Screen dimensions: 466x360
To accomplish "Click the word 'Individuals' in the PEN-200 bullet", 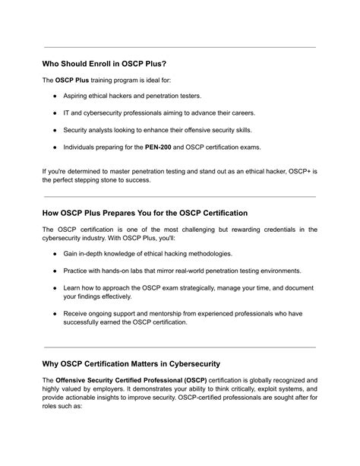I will coord(82,147).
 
